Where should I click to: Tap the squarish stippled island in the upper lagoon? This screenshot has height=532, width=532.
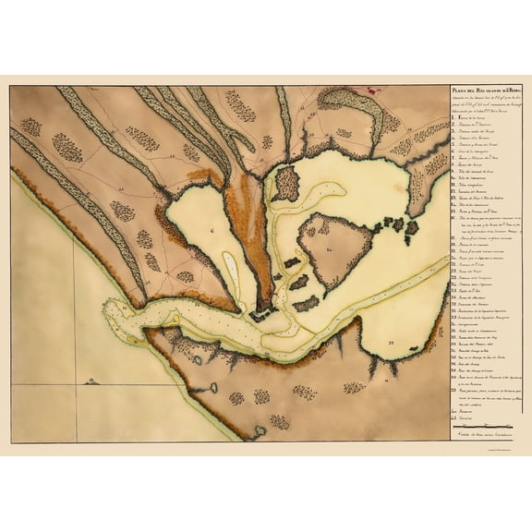[x=286, y=182]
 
